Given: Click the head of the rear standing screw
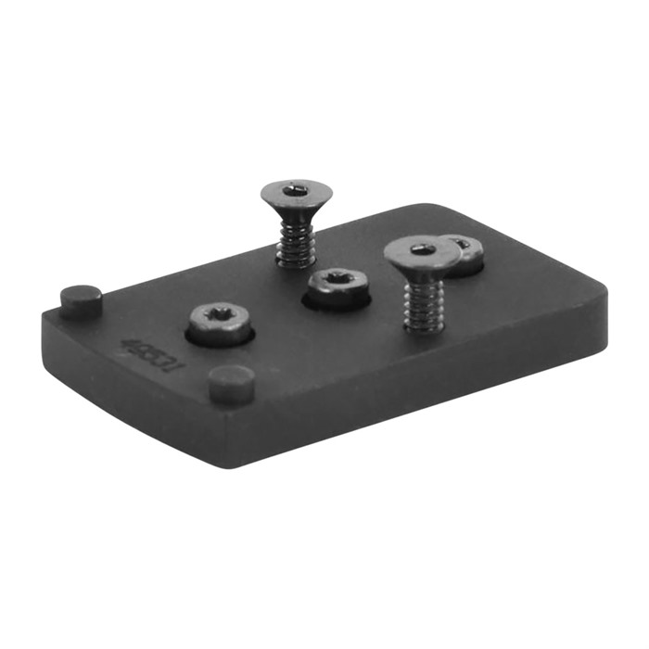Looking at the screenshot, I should coord(296,194).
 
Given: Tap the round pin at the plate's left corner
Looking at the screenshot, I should coord(82,299).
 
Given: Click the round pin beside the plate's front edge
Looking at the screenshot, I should coord(232,382).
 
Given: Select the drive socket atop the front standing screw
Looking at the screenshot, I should coord(423,248).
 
